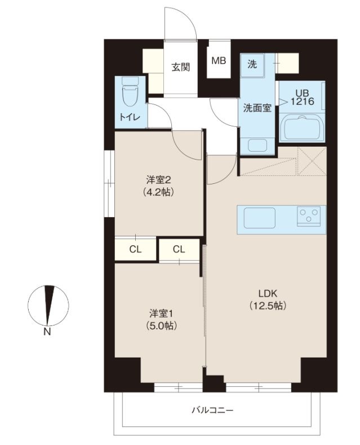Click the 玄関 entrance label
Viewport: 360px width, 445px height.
[180, 67]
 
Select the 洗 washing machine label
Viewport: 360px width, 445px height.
[252, 64]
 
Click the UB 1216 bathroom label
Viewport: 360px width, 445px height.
[299, 98]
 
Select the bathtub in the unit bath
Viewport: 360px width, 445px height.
[302, 129]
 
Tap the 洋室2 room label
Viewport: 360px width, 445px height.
[158, 180]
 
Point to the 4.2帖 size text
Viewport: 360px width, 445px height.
[158, 192]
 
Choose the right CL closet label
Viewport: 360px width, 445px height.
[179, 249]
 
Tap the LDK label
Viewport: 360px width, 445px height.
[269, 294]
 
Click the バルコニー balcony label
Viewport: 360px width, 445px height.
[212, 410]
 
